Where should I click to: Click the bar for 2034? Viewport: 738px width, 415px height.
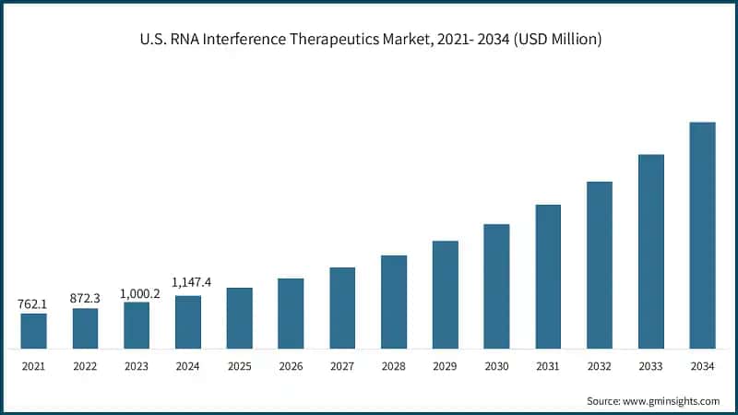702,235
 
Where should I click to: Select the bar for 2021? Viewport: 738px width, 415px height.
34,331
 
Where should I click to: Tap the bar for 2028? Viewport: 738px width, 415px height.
394,302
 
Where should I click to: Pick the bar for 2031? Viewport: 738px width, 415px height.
548,277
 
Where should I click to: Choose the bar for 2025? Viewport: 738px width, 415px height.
240,318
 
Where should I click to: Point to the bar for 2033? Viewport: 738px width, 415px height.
651,252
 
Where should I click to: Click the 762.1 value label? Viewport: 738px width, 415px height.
33,303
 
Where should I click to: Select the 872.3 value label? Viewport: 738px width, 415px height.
85,299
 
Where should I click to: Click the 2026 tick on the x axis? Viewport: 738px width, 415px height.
291,366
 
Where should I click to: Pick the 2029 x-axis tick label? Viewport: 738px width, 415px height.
445,366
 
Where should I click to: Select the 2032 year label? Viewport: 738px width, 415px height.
600,366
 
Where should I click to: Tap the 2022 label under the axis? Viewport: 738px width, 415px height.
85,366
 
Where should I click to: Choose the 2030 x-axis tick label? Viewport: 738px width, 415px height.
496,366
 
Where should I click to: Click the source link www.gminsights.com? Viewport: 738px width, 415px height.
671,401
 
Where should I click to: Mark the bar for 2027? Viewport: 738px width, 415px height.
342,308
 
